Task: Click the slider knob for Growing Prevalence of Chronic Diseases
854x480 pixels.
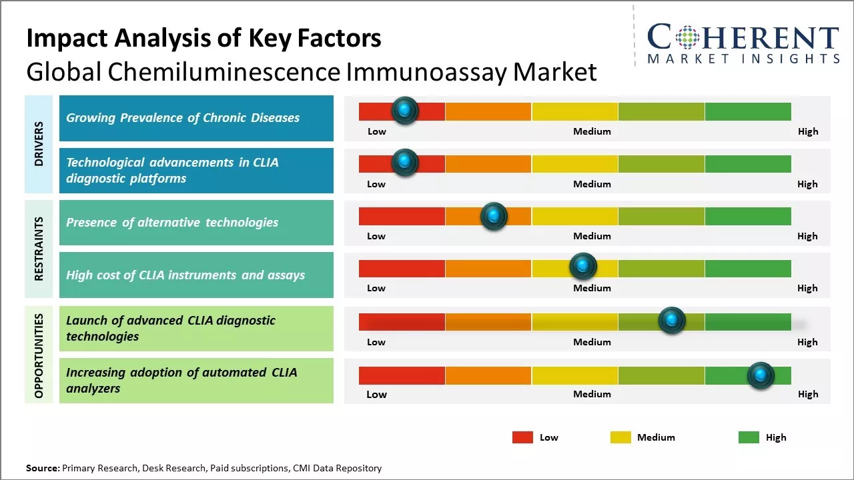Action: (x=404, y=110)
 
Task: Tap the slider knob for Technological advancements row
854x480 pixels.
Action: (x=404, y=162)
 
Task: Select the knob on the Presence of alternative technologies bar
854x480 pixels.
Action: (x=494, y=215)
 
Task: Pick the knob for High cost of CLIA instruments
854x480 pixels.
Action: (x=583, y=267)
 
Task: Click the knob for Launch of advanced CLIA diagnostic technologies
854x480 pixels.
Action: (x=672, y=320)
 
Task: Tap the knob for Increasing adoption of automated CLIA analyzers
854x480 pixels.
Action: (x=761, y=375)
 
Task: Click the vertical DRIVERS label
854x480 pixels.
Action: (x=39, y=143)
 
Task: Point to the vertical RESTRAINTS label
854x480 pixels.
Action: (x=39, y=249)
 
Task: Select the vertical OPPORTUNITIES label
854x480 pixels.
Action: (x=39, y=355)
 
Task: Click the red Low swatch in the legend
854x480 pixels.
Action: (x=522, y=437)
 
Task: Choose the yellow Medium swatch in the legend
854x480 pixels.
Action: (x=620, y=437)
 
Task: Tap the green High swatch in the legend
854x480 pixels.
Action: (x=749, y=437)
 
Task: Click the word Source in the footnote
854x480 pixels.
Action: (x=42, y=469)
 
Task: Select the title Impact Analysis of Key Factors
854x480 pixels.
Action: (x=203, y=38)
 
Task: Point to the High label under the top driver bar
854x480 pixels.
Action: (x=808, y=131)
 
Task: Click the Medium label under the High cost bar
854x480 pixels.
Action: (x=592, y=288)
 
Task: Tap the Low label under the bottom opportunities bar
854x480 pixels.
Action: (x=376, y=394)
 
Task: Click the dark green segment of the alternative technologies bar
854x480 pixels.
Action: (x=747, y=216)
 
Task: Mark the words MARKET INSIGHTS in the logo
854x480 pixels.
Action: (x=743, y=59)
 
